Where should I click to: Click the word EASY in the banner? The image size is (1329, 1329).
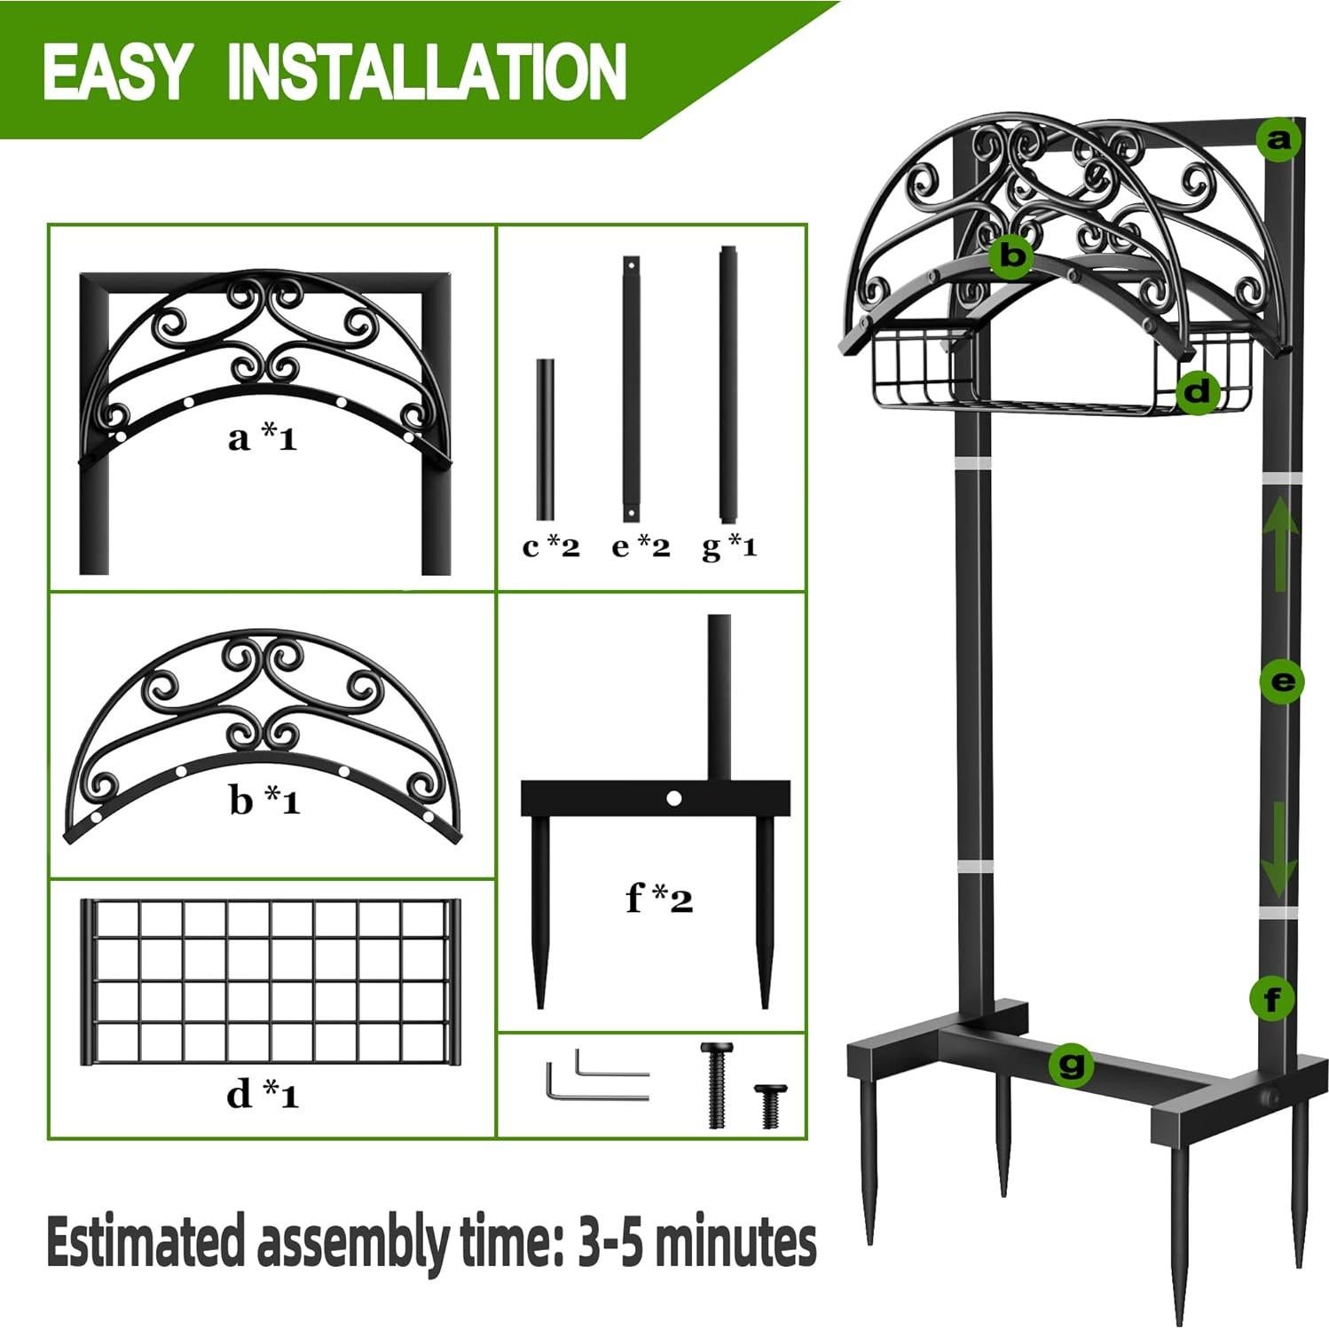[116, 72]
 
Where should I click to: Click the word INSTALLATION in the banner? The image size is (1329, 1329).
[427, 72]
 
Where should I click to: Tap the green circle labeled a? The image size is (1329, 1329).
[1278, 140]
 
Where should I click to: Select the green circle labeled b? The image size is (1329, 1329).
[1012, 256]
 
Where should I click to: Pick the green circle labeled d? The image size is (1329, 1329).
[1198, 390]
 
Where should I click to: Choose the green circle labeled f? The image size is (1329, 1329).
[1272, 1000]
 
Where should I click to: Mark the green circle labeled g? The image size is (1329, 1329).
[1071, 1063]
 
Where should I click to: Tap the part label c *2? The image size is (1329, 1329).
[551, 547]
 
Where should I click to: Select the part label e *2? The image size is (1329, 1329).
[641, 547]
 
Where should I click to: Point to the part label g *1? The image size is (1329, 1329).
[729, 547]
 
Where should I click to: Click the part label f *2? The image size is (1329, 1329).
[658, 899]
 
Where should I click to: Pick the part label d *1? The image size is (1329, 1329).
[263, 1094]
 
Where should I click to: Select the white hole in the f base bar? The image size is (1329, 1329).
[673, 798]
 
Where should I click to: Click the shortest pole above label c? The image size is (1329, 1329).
[545, 439]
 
